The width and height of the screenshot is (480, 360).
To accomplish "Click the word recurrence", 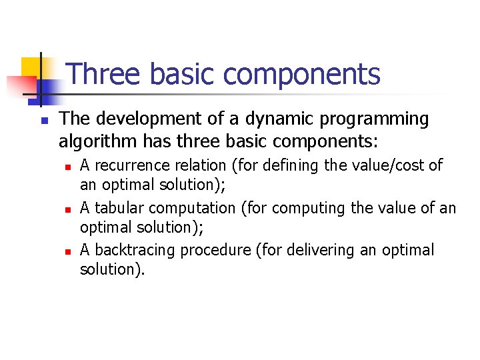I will (124, 166).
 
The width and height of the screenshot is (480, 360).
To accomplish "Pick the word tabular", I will (113, 208).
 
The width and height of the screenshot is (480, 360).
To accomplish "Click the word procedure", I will (199, 251).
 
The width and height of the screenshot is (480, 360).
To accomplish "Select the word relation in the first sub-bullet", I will (192, 166).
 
